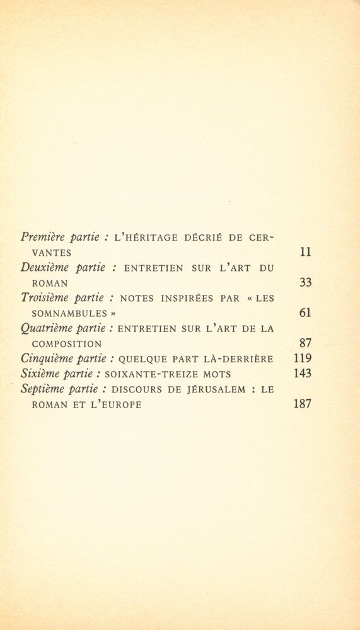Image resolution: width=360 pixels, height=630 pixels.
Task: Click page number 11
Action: tap(306, 252)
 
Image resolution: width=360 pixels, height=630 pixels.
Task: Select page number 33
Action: tap(305, 283)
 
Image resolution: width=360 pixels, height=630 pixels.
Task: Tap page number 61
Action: tap(305, 313)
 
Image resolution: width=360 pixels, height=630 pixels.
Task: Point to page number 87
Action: tap(305, 343)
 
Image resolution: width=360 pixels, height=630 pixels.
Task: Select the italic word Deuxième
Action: tap(45, 268)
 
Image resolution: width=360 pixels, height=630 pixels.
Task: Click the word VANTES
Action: tap(51, 253)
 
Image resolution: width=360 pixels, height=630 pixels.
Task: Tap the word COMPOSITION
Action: tap(67, 344)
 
